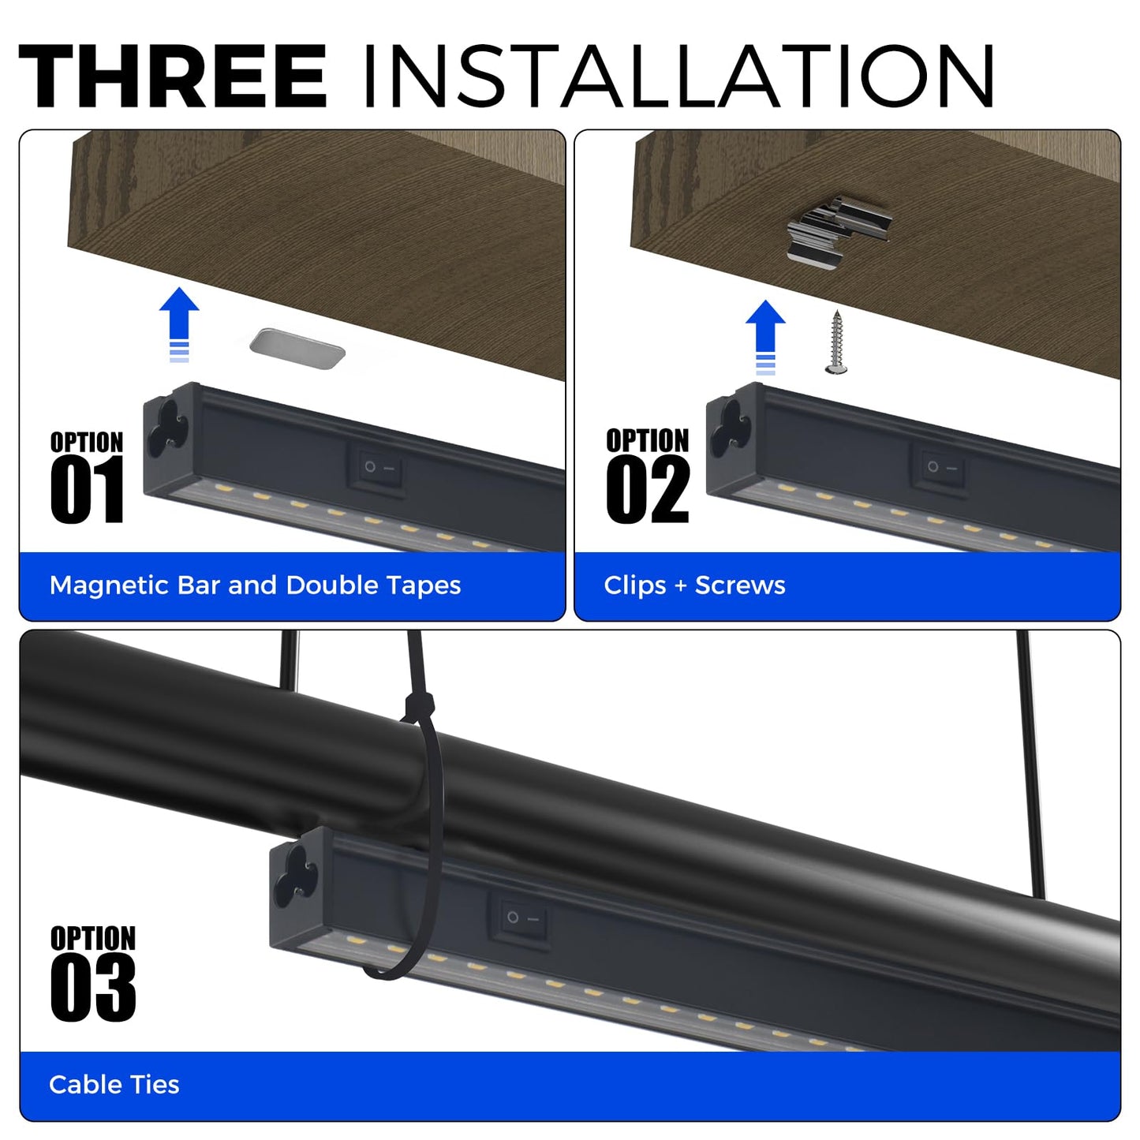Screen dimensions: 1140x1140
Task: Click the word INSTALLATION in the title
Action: pos(678,76)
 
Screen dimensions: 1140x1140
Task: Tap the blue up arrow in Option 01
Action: pos(179,324)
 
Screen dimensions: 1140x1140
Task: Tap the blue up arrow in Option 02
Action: pos(765,337)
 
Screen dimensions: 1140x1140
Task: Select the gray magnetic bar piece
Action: pos(297,349)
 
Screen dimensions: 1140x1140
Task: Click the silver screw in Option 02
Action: pos(836,342)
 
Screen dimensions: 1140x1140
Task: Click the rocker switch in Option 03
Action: pos(521,919)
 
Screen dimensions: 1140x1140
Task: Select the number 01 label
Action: pos(88,489)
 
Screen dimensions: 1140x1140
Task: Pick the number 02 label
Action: pos(648,491)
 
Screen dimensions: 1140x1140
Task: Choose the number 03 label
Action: pos(93,988)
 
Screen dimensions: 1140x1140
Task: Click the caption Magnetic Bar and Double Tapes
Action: pos(255,585)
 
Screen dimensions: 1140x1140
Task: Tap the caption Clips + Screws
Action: pos(694,585)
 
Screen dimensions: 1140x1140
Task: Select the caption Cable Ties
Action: pos(114,1085)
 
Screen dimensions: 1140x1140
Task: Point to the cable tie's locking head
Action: pos(419,707)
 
